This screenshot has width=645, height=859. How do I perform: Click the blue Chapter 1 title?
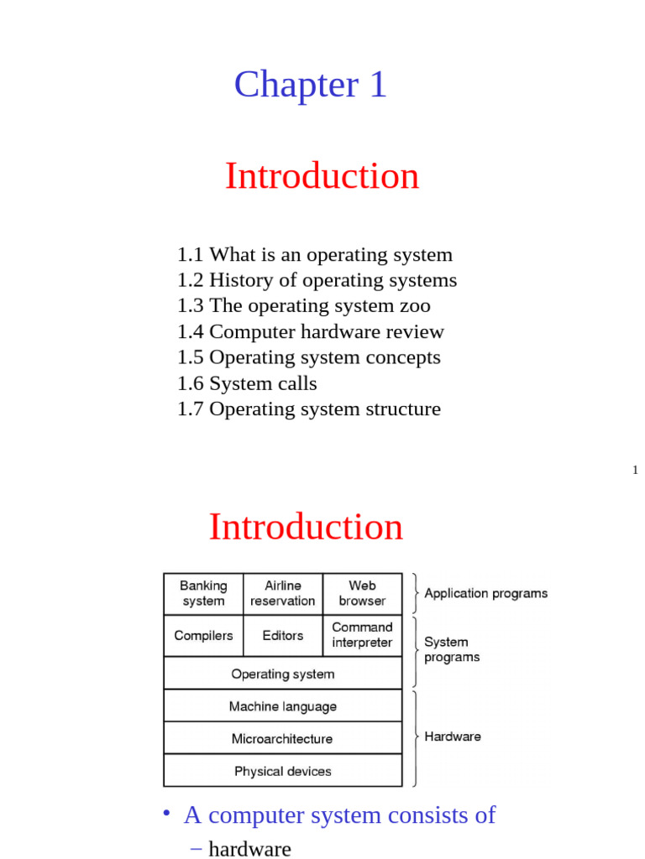pos(310,85)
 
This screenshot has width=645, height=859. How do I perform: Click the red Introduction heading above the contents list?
pos(322,176)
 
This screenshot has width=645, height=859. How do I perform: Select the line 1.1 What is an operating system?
pos(315,255)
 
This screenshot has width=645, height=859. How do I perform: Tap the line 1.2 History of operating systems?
pos(317,280)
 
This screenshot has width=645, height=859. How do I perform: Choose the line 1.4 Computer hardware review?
pos(311,332)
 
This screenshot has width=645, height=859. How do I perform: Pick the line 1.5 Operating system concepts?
pos(309,357)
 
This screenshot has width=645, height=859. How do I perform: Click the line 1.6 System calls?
pos(247,383)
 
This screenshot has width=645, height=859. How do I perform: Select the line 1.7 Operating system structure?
pos(309,409)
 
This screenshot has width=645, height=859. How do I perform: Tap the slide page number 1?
pos(636,470)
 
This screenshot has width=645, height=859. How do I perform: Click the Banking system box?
pos(203,593)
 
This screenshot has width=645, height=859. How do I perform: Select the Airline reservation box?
pos(283,593)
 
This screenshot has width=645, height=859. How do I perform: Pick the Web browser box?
pos(362,593)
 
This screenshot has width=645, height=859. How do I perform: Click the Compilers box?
pos(203,636)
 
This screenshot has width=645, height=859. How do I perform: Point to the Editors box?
pos(283,636)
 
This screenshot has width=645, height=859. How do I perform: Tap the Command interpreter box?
pos(362,635)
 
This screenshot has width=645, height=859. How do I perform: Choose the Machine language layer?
pos(283,706)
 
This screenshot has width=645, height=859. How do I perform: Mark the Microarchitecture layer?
pos(283,739)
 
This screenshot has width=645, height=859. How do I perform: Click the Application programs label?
pos(485,593)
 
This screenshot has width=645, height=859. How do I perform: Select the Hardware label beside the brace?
pos(453,737)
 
